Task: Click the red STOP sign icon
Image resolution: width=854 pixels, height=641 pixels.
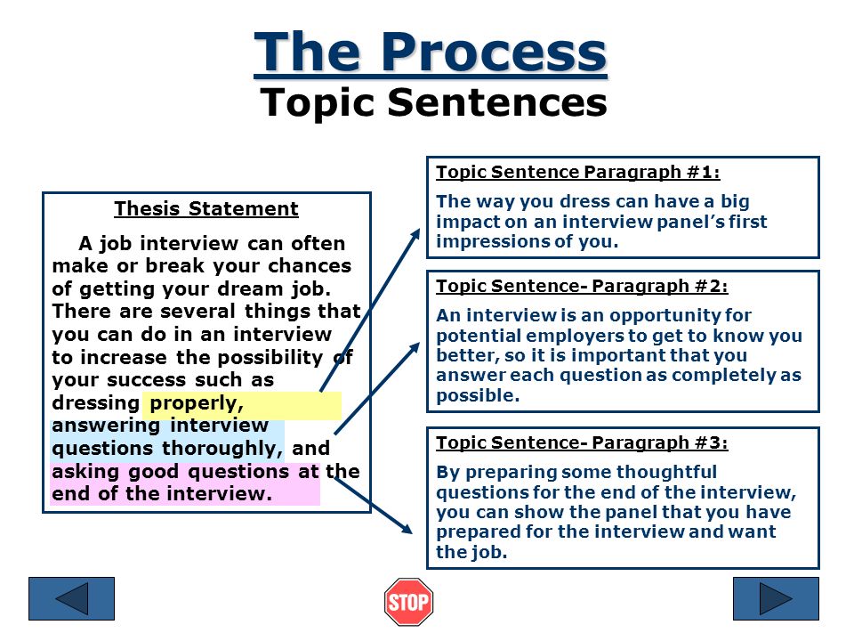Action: [408, 602]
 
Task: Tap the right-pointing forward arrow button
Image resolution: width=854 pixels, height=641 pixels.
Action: [775, 598]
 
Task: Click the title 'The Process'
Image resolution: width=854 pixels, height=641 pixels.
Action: [431, 53]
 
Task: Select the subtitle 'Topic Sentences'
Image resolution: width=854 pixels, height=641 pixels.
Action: [433, 102]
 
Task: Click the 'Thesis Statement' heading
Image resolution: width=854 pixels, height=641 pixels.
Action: [206, 209]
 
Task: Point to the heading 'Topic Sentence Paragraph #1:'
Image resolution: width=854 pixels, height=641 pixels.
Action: [578, 172]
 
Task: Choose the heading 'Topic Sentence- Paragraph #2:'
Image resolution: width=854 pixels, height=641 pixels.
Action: [582, 286]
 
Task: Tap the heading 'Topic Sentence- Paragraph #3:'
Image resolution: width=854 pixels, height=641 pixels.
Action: [582, 442]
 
